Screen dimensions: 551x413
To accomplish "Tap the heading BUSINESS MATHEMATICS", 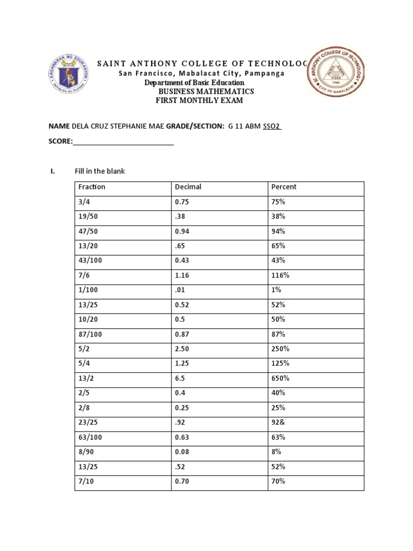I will click(204, 91).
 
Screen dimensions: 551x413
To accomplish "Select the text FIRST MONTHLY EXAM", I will click(200, 101).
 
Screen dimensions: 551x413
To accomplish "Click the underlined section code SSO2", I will click(272, 126).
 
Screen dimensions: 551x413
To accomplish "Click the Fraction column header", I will click(92, 187).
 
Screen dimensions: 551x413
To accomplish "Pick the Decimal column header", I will click(188, 187).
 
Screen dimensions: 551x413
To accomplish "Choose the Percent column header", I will click(284, 187).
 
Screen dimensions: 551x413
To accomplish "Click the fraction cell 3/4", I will click(84, 202).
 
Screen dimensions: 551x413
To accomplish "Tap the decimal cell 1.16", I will click(182, 275).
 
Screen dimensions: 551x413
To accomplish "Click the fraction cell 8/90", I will click(87, 451).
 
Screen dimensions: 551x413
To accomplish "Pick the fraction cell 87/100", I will click(90, 334).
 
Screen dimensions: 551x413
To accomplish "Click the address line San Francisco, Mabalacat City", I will click(202, 73).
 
